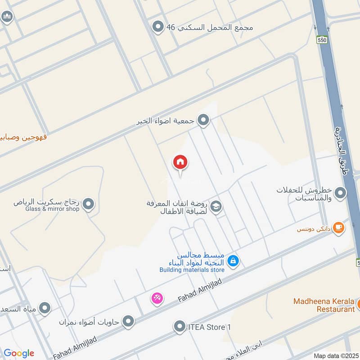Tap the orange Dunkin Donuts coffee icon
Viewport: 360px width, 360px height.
(339, 228)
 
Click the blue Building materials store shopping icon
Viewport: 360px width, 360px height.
(233, 260)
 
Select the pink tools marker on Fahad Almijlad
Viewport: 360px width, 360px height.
(157, 298)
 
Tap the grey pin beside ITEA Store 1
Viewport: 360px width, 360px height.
(180, 326)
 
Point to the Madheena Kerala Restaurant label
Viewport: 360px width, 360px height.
(324, 305)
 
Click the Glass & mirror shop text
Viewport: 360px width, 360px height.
(53, 209)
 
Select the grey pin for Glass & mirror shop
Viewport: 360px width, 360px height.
(89, 205)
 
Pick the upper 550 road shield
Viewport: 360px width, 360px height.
(321, 40)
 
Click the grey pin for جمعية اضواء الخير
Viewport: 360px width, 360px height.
(204, 120)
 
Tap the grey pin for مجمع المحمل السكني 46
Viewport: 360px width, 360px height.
(157, 27)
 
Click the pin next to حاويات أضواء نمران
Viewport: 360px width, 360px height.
(129, 321)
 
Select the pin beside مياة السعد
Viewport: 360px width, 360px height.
(44, 308)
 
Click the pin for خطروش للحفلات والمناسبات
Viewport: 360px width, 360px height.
(341, 193)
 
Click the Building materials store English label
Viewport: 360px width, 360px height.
(192, 270)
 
